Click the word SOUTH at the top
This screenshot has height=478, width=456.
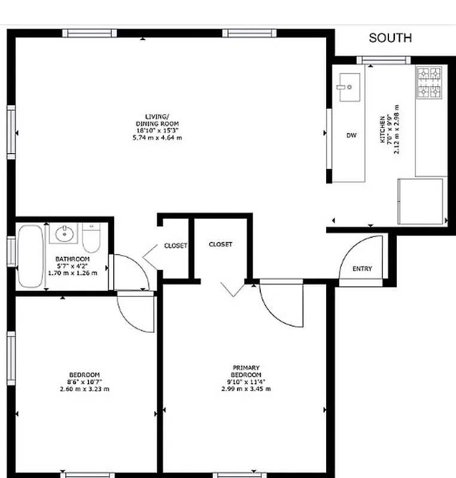(390, 38)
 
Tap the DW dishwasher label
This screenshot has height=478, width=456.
(351, 136)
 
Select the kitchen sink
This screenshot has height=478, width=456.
(346, 87)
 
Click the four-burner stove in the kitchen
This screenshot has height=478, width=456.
(429, 83)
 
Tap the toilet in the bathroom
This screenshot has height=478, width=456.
(92, 238)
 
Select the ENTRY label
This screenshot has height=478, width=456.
(362, 269)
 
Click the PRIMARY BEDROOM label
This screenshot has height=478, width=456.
(246, 371)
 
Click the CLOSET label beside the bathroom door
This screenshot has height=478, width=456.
(175, 246)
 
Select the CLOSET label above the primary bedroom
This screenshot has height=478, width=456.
(220, 244)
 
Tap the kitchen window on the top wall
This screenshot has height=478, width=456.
(383, 59)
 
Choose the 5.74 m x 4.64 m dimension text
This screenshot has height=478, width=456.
(157, 137)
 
